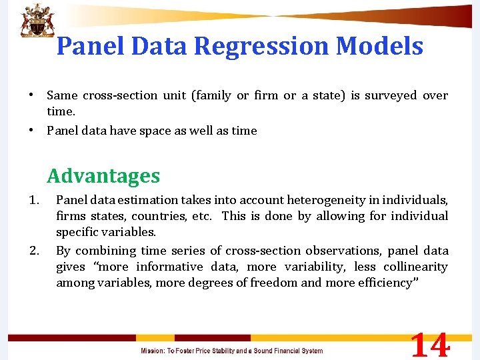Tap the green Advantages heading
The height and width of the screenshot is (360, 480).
click(x=103, y=176)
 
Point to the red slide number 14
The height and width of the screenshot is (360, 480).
click(x=430, y=345)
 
